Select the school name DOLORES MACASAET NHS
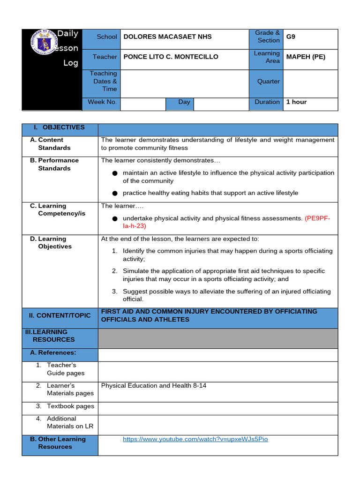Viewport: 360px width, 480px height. (x=167, y=37)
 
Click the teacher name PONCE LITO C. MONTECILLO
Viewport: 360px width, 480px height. (x=171, y=57)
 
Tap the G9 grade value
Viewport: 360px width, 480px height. (x=291, y=37)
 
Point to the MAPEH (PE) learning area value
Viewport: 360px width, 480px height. (x=306, y=57)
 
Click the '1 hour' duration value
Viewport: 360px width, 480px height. (x=296, y=102)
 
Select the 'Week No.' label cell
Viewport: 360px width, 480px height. (x=101, y=102)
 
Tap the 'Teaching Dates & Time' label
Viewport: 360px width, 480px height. (x=103, y=81)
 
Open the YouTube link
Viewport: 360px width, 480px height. (x=195, y=439)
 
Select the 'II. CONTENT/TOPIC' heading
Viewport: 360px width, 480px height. (x=60, y=315)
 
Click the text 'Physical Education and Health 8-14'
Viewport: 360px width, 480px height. (x=154, y=386)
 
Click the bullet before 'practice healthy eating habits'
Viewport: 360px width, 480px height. (x=115, y=193)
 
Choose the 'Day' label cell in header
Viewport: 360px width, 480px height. (x=184, y=102)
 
